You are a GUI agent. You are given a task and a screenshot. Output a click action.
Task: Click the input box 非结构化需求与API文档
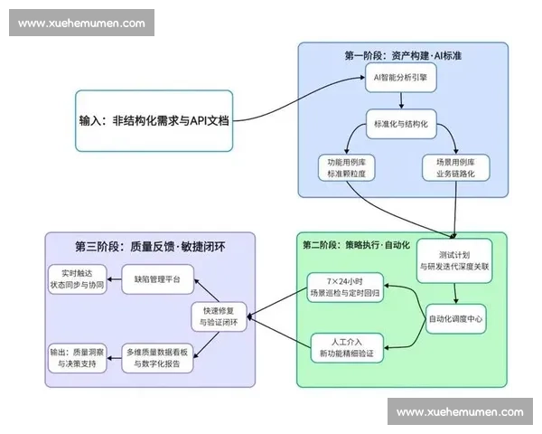coord(154,119)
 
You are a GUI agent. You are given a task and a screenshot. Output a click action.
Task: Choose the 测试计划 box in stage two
coord(454,260)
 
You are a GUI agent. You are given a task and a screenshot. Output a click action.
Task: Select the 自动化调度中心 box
coord(454,319)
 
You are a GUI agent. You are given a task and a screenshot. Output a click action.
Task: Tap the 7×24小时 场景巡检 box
coord(346,287)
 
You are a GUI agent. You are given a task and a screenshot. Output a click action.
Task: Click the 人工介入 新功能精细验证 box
coord(347,348)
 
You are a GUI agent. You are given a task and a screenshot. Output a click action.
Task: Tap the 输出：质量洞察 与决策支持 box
coord(77,357)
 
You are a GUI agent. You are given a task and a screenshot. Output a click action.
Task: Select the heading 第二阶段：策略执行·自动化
coord(356,244)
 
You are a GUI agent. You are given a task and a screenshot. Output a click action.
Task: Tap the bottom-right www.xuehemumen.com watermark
coord(460,411)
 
